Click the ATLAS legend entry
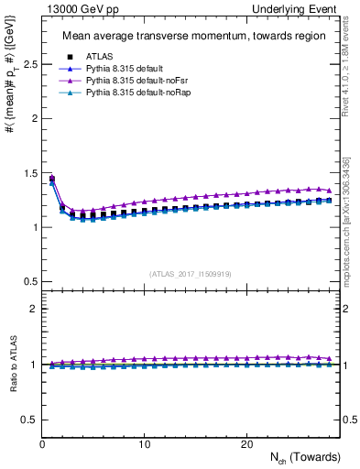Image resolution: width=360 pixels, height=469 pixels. [95, 57]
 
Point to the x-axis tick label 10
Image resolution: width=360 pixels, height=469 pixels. [145, 444]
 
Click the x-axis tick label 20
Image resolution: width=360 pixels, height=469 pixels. [246, 444]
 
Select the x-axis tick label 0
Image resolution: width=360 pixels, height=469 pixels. [42, 444]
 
